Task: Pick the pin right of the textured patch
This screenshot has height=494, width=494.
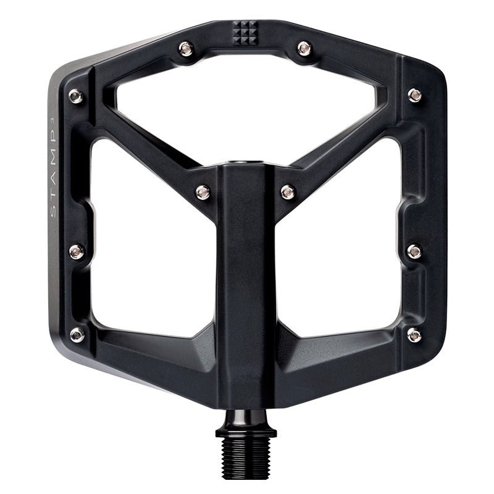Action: (304, 48)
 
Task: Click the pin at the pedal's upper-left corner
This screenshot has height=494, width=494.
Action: (75, 96)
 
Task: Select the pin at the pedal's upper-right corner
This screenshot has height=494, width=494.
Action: (415, 95)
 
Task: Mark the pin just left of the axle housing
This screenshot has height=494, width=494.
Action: (203, 193)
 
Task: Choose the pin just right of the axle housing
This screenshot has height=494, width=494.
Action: (288, 193)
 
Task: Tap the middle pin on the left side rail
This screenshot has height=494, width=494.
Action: (76, 251)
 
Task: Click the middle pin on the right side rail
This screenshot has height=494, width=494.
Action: (415, 251)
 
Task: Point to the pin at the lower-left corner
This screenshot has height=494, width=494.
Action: (77, 335)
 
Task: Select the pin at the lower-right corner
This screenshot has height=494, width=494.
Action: (414, 335)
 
